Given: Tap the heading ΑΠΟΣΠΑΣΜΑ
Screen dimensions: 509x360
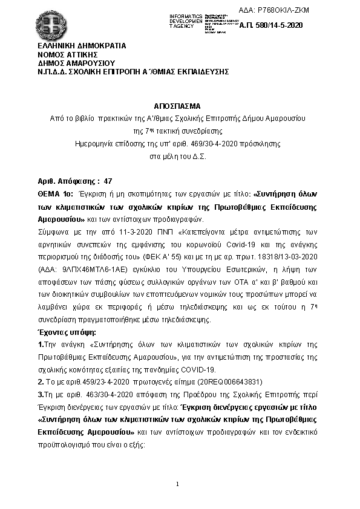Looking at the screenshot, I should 180,104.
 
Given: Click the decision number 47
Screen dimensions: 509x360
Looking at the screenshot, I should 108,181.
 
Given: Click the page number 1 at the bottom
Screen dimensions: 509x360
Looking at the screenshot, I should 178,484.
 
